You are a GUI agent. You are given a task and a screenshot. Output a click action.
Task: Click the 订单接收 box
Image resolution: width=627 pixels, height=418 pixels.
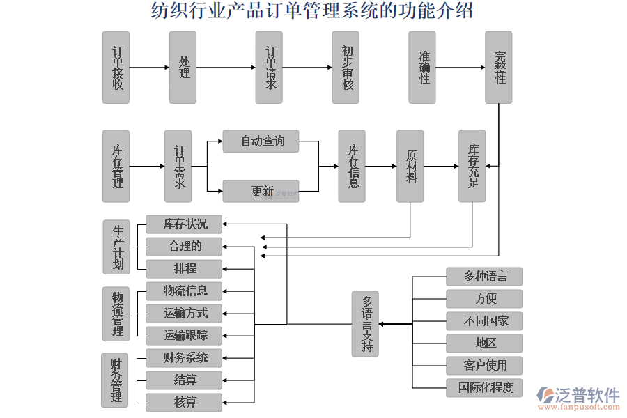pyautogui.click(x=116, y=68)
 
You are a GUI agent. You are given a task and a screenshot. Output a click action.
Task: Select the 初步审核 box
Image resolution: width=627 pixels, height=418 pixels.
pyautogui.click(x=346, y=68)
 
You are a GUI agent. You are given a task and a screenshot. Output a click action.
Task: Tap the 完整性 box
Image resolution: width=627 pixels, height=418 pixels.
pyautogui.click(x=499, y=68)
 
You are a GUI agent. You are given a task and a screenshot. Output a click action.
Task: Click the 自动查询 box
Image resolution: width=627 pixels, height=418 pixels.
pyautogui.click(x=262, y=141)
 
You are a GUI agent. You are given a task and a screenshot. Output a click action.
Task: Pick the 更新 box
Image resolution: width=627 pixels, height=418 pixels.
pyautogui.click(x=262, y=191)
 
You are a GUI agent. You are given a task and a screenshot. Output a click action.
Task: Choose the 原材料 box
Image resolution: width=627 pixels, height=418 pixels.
pyautogui.click(x=410, y=167)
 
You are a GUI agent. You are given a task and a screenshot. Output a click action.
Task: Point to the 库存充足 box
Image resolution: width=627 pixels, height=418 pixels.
pyautogui.click(x=472, y=167)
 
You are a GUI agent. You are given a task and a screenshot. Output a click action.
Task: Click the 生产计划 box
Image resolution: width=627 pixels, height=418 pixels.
pyautogui.click(x=116, y=247)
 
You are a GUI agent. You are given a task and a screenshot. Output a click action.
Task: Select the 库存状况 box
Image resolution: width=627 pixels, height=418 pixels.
pyautogui.click(x=185, y=224)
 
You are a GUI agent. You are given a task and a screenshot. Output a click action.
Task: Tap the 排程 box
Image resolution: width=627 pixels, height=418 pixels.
pyautogui.click(x=185, y=269)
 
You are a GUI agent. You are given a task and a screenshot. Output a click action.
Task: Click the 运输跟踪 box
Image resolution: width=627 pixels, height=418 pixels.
pyautogui.click(x=185, y=336)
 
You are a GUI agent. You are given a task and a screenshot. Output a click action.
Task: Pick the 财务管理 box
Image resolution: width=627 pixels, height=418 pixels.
pyautogui.click(x=116, y=380)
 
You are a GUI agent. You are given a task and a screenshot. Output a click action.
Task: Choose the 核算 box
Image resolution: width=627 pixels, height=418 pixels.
pyautogui.click(x=185, y=403)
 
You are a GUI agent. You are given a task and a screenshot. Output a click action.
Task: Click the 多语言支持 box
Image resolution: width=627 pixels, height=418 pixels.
pyautogui.click(x=365, y=324)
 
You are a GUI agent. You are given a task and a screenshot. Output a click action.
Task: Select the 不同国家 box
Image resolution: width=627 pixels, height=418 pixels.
pyautogui.click(x=485, y=321)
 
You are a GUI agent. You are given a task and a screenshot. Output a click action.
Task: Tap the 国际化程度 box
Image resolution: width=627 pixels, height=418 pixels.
pyautogui.click(x=485, y=388)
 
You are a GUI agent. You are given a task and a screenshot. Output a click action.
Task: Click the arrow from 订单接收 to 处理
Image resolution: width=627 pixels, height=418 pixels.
pyautogui.click(x=149, y=68)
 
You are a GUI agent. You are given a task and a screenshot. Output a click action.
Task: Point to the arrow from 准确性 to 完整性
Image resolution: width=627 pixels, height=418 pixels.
pyautogui.click(x=460, y=68)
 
